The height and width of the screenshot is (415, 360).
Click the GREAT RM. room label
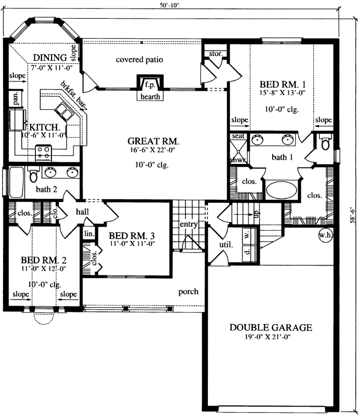tap(153, 141)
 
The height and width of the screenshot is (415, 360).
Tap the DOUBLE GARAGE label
tap(271, 327)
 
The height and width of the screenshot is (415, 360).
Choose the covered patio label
tap(140, 60)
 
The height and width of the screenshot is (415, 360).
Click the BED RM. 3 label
tap(132, 236)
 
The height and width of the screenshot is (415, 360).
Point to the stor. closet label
tap(216, 53)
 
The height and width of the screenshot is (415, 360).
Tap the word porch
tap(188, 292)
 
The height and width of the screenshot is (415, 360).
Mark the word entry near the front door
tap(186, 224)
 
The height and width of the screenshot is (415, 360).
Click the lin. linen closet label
tap(89, 234)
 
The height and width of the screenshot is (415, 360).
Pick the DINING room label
tap(49, 57)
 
